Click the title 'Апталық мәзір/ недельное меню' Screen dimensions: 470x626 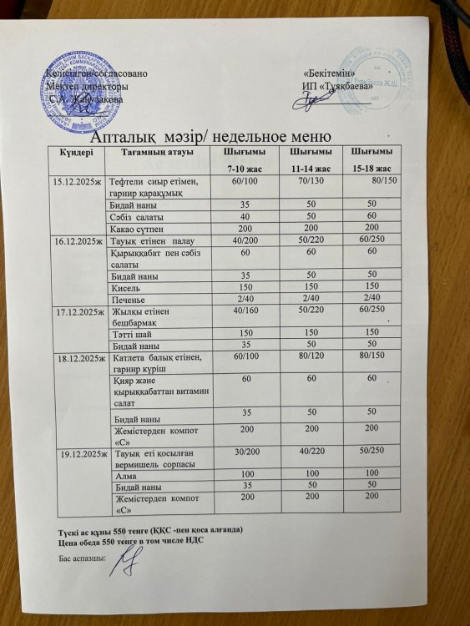pyautogui.click(x=210, y=135)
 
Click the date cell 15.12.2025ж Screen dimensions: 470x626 pyautogui.click(x=77, y=181)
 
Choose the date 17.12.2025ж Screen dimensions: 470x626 pyautogui.click(x=78, y=310)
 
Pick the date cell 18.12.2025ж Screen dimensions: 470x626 pyautogui.click(x=78, y=357)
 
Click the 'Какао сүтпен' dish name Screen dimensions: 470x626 pyautogui.click(x=134, y=228)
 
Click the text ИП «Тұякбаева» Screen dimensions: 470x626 pyautogui.click(x=337, y=86)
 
